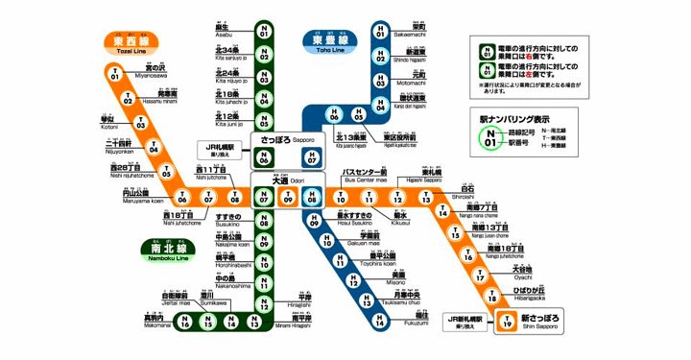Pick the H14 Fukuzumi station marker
(x=381, y=322)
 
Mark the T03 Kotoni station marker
(x=140, y=123)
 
